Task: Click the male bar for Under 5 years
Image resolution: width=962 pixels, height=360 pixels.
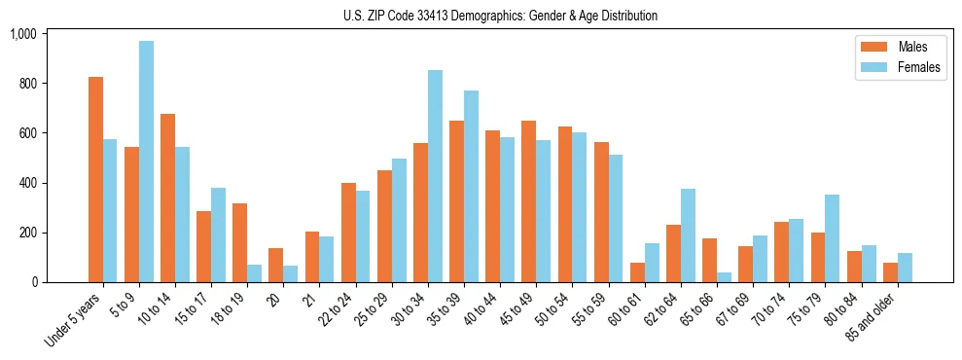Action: tap(95, 179)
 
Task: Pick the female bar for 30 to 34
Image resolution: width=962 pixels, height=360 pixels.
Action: tap(435, 176)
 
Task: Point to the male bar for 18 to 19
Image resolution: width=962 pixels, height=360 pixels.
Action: tap(239, 242)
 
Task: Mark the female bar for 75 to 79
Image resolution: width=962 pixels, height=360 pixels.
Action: tap(833, 238)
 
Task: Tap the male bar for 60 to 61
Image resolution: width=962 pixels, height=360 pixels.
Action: tap(637, 272)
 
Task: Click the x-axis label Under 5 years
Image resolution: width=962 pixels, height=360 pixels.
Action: tap(74, 320)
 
